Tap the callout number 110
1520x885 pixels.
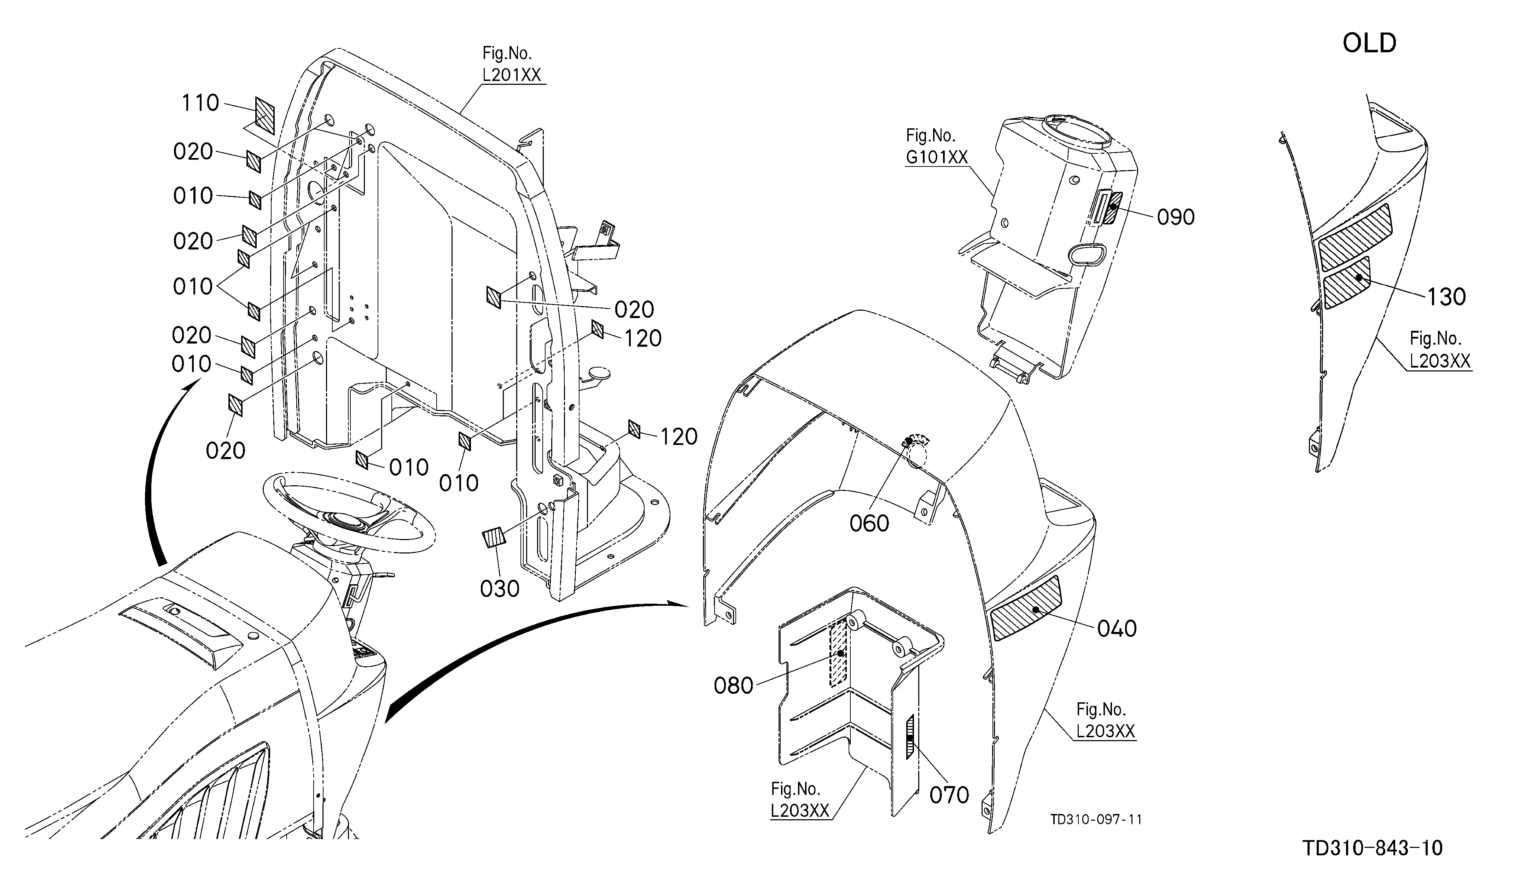click(200, 103)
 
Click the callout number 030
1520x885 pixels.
click(500, 588)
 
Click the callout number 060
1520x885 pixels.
click(869, 523)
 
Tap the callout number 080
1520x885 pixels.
click(733, 685)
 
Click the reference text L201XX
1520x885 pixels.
click(512, 75)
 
